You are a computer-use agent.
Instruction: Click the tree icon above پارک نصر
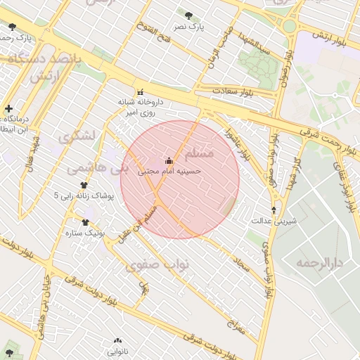[x=188, y=15]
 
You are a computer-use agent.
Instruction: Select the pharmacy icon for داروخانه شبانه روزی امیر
[x=141, y=91]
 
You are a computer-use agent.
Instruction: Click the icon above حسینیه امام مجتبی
[x=169, y=160]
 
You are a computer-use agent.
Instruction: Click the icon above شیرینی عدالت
[x=274, y=210]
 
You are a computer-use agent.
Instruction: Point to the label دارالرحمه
[x=318, y=263]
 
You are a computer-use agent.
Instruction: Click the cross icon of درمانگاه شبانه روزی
[x=8, y=109]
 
